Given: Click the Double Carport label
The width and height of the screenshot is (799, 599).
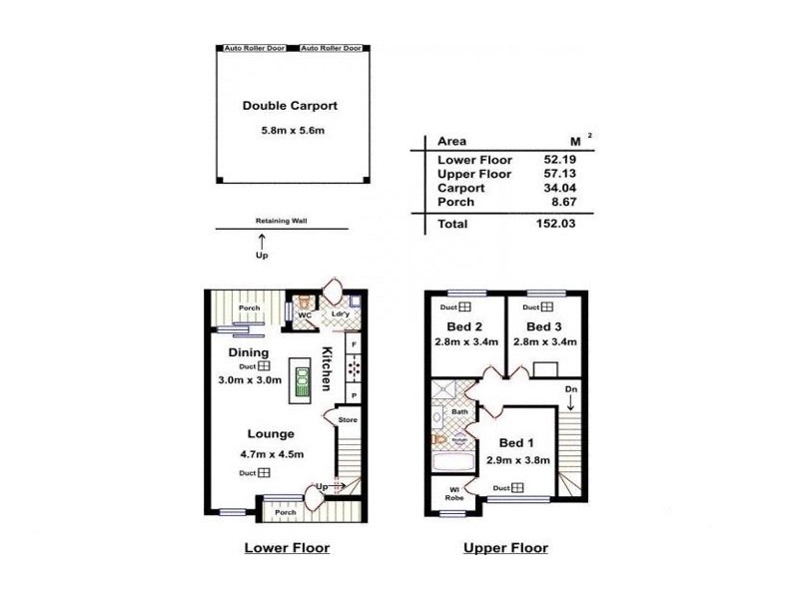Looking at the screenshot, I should pos(290,105).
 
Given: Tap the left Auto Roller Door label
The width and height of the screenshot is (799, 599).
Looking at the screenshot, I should pos(254,48).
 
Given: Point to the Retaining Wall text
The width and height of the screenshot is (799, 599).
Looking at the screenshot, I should pos(280,223).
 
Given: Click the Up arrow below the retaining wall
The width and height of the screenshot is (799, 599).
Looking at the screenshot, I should pos(263,242).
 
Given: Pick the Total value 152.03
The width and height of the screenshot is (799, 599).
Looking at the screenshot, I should pos(556,225).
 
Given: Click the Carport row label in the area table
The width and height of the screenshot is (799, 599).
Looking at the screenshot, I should pos(461,188).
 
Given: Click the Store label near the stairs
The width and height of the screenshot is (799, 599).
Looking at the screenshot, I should pos(347,420).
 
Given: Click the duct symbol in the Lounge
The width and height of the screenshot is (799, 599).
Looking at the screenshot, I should pos(265,473).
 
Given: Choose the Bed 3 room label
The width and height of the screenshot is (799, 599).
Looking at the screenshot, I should pos(546,326).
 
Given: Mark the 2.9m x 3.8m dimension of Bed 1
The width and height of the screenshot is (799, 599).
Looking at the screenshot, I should pos(516,460).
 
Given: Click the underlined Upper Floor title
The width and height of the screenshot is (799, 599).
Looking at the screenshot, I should pos(505,548).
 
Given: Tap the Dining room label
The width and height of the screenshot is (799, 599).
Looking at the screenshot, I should pos(247,352).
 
